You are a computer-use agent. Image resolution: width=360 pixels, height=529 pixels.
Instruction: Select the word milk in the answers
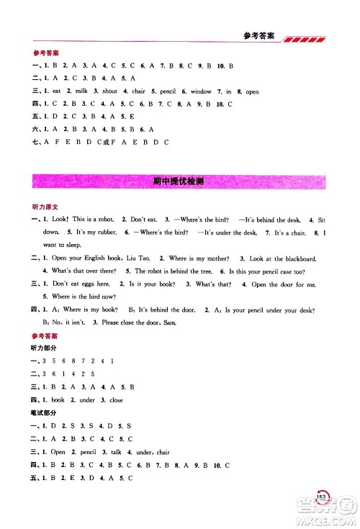[x=81, y=91]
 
